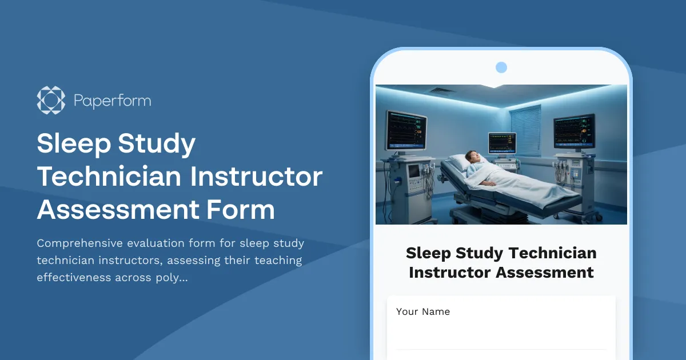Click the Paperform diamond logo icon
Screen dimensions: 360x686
51,101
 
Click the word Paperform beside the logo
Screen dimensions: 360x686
112,101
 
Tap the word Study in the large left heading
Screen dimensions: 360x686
157,145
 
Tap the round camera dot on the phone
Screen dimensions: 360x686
501,67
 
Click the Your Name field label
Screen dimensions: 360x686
423,311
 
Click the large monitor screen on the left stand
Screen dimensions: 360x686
406,129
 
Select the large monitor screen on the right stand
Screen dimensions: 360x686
573,131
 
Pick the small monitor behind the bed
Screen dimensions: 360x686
502,142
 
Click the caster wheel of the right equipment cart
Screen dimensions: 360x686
598,218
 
